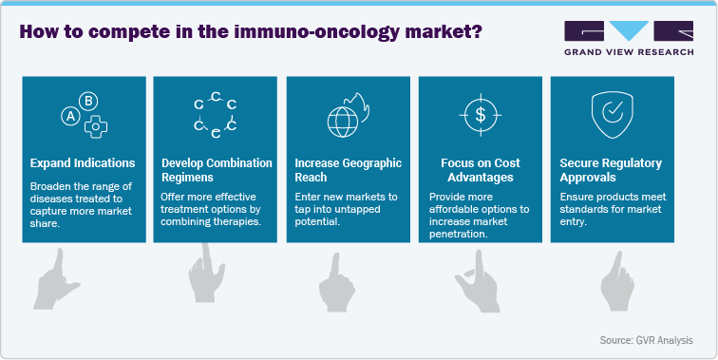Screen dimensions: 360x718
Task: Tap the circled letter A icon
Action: [68, 117]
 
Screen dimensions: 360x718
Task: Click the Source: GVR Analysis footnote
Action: [646, 339]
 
